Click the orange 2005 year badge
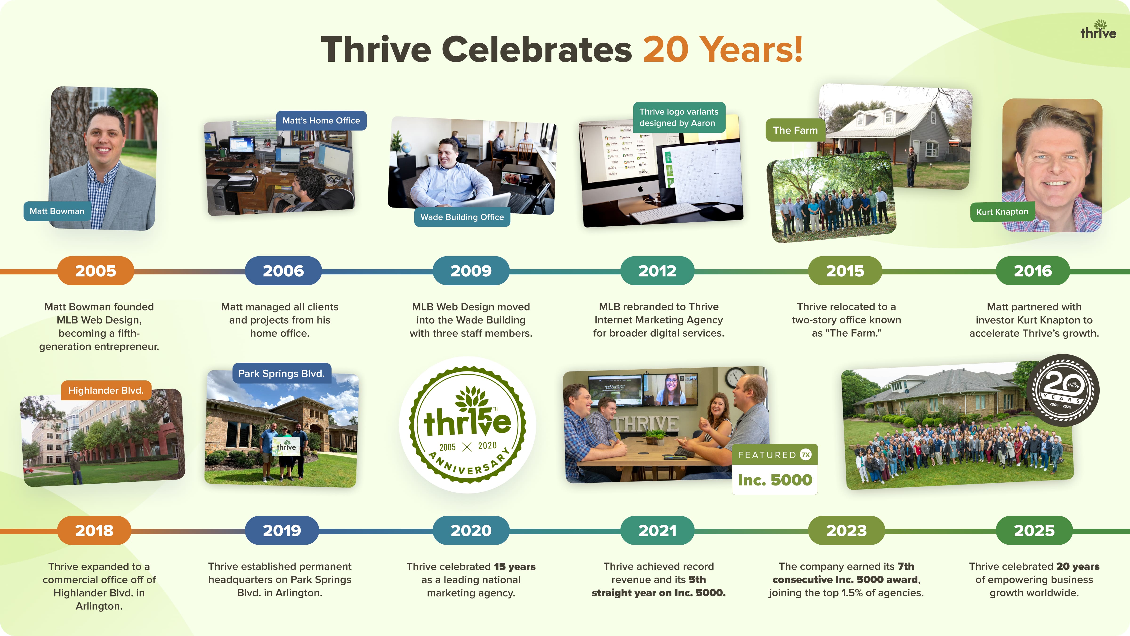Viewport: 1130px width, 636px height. click(x=96, y=271)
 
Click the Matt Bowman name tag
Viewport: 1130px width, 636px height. click(x=57, y=211)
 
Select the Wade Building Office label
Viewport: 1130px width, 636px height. click(x=462, y=217)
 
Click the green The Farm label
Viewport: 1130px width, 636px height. click(x=795, y=130)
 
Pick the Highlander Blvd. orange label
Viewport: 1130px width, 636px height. click(x=106, y=390)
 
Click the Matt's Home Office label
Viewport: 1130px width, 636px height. click(x=321, y=120)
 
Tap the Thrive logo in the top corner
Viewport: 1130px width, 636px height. click(x=1098, y=29)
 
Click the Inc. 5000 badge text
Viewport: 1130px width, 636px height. click(x=775, y=480)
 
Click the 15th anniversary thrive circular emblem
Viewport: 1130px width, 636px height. click(x=468, y=424)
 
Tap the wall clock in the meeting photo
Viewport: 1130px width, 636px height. click(x=735, y=377)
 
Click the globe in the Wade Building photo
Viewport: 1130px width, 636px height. click(x=406, y=148)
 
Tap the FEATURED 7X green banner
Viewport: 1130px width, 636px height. click(x=775, y=455)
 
